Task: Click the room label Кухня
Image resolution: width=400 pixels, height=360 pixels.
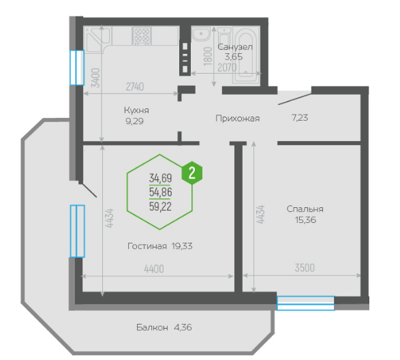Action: [136, 110]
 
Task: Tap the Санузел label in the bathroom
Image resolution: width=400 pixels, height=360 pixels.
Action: [235, 47]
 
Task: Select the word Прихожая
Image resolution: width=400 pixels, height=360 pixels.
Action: [238, 119]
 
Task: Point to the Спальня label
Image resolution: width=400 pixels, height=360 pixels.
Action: [305, 209]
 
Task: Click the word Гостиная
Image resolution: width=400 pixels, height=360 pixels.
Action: [147, 246]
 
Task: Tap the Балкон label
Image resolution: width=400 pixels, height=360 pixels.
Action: [152, 327]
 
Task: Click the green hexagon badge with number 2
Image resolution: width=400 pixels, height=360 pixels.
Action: [192, 173]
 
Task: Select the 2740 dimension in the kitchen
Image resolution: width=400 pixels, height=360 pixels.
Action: [135, 87]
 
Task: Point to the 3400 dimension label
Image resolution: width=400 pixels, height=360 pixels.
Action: [95, 78]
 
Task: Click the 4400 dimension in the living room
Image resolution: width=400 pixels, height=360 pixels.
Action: [154, 269]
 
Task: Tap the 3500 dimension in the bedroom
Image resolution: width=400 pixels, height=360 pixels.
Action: [305, 268]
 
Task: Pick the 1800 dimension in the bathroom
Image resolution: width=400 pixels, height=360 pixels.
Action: [208, 57]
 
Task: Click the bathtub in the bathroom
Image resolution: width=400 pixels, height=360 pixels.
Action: [245, 55]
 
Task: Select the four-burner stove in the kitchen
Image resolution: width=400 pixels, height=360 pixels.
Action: [142, 35]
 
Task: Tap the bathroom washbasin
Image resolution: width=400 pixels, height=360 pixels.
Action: [201, 34]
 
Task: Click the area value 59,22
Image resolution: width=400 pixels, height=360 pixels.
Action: [160, 207]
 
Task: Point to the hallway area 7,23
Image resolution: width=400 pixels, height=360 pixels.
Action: [300, 118]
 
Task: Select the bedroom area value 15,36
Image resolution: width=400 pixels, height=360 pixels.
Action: [305, 220]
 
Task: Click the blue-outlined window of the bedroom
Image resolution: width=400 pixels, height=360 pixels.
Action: [305, 303]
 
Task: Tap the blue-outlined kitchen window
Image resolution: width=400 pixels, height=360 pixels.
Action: [77, 67]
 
